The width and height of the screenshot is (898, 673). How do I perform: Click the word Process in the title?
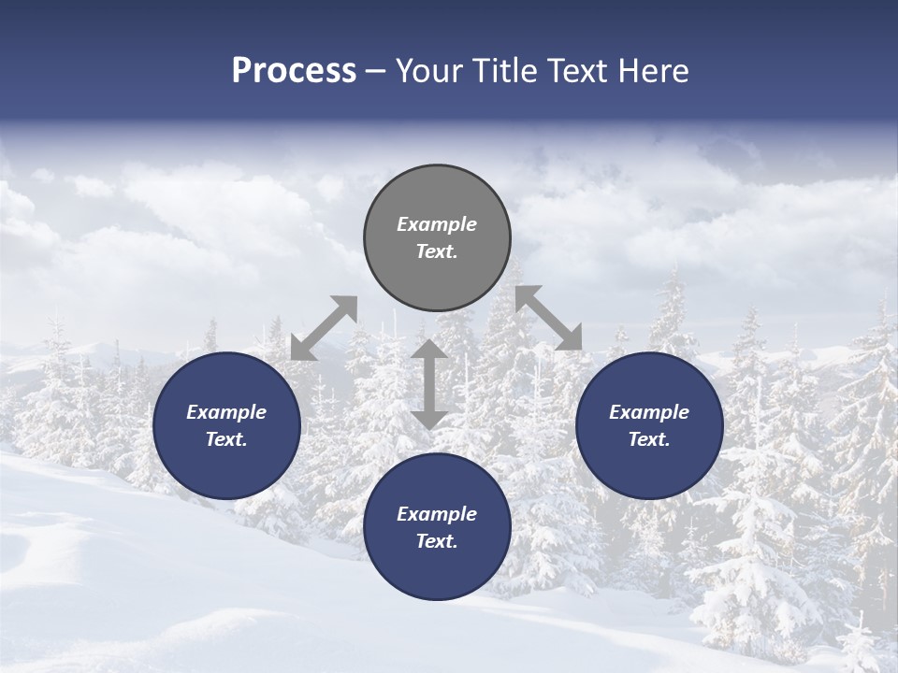tap(294, 71)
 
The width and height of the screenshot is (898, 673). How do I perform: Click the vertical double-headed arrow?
tap(429, 383)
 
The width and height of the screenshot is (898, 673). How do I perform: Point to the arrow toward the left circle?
tap(324, 327)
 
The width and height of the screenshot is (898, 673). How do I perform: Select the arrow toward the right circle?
tap(549, 318)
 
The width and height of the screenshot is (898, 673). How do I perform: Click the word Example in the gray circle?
tap(437, 224)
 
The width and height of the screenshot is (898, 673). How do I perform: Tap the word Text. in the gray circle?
tap(437, 251)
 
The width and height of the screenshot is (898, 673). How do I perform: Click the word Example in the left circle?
tap(226, 412)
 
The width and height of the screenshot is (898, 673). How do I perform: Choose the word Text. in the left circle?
tap(226, 439)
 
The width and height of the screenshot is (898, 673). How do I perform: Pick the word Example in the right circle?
tap(649, 412)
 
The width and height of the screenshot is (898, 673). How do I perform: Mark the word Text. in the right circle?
tap(649, 439)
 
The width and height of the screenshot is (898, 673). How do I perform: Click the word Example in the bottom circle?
tap(437, 514)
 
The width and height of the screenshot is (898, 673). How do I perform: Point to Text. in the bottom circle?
tap(437, 541)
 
